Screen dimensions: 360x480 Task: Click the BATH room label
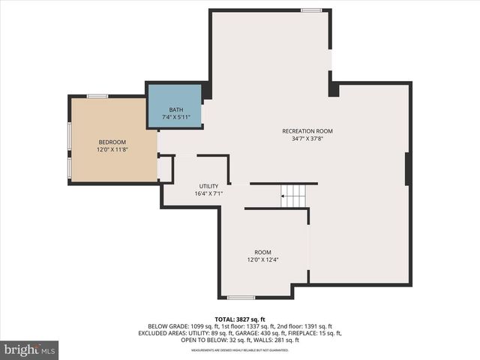point(175,110)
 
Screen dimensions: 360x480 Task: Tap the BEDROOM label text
point(112,142)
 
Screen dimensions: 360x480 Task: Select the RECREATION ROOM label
point(307,131)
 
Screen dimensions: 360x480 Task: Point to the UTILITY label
point(208,186)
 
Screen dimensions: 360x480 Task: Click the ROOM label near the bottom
point(262,252)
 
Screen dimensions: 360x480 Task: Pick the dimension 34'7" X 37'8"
point(307,139)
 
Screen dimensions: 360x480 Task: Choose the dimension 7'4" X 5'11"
point(175,118)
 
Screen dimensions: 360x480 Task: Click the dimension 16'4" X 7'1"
point(208,193)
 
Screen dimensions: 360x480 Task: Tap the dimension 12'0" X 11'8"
point(112,150)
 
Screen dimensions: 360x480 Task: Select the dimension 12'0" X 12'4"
point(262,260)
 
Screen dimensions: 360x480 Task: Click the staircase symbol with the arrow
point(293,196)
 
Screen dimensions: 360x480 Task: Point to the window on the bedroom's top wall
point(97,96)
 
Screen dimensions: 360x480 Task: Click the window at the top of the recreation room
point(311,10)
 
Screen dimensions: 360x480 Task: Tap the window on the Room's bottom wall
point(241,298)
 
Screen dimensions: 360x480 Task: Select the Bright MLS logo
point(29,349)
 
